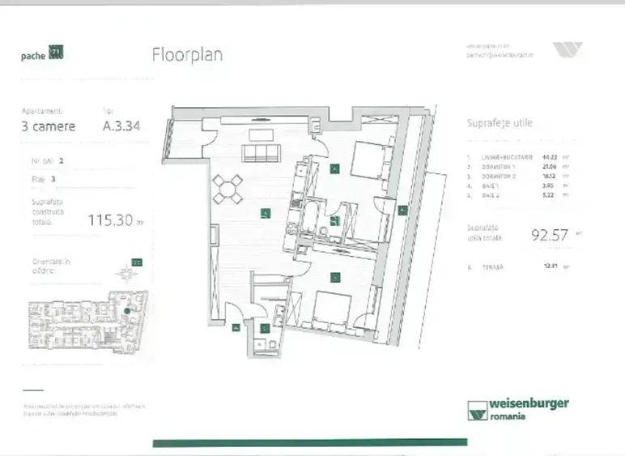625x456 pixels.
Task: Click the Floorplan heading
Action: click(187, 55)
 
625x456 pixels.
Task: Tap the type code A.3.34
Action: click(121, 126)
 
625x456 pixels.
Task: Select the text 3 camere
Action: click(48, 126)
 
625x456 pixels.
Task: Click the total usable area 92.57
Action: click(547, 236)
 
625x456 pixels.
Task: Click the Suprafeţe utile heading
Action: click(500, 123)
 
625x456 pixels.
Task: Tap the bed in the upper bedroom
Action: click(369, 160)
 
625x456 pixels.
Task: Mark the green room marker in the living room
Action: click(265, 213)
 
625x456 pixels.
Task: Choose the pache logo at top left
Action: click(42, 54)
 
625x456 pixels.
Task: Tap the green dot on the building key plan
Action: click(128, 310)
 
